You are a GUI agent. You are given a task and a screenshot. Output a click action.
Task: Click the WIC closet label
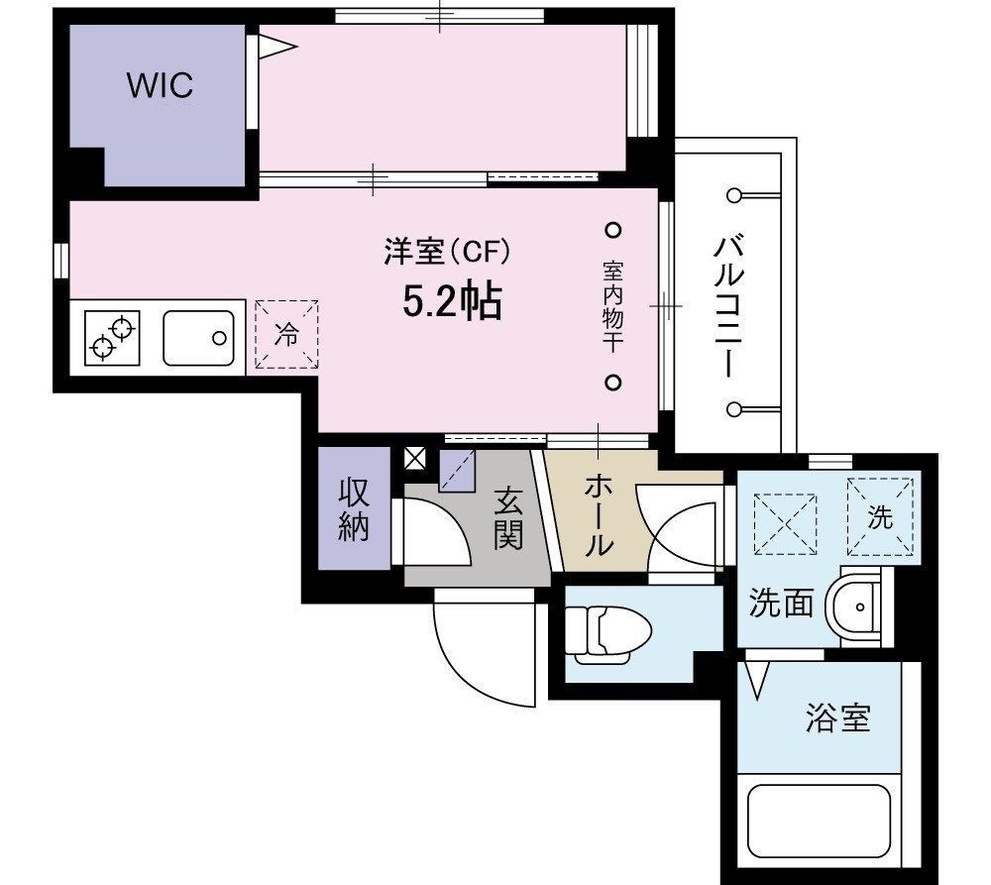point(159,86)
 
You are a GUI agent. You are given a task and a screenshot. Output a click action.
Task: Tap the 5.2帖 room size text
point(451,300)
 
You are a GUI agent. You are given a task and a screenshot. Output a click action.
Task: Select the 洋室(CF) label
point(447,253)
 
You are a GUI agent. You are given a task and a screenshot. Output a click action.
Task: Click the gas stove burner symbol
point(112,337)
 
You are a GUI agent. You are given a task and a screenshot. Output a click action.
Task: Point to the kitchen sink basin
point(198,337)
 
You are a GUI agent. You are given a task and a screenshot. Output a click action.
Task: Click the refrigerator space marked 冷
point(286,335)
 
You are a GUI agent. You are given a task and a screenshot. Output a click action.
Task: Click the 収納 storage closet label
point(354,511)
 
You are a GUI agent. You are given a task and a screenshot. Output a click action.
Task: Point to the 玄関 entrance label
point(507,521)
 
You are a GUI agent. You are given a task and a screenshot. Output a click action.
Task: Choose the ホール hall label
point(599,514)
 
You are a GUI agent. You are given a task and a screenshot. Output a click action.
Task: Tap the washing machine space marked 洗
point(880,515)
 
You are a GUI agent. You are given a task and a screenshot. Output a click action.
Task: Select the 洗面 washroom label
point(781,603)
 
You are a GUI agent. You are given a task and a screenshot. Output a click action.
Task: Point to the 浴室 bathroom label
point(837,718)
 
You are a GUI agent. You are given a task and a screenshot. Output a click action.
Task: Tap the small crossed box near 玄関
point(415,458)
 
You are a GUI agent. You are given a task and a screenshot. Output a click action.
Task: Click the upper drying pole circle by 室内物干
point(612,230)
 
